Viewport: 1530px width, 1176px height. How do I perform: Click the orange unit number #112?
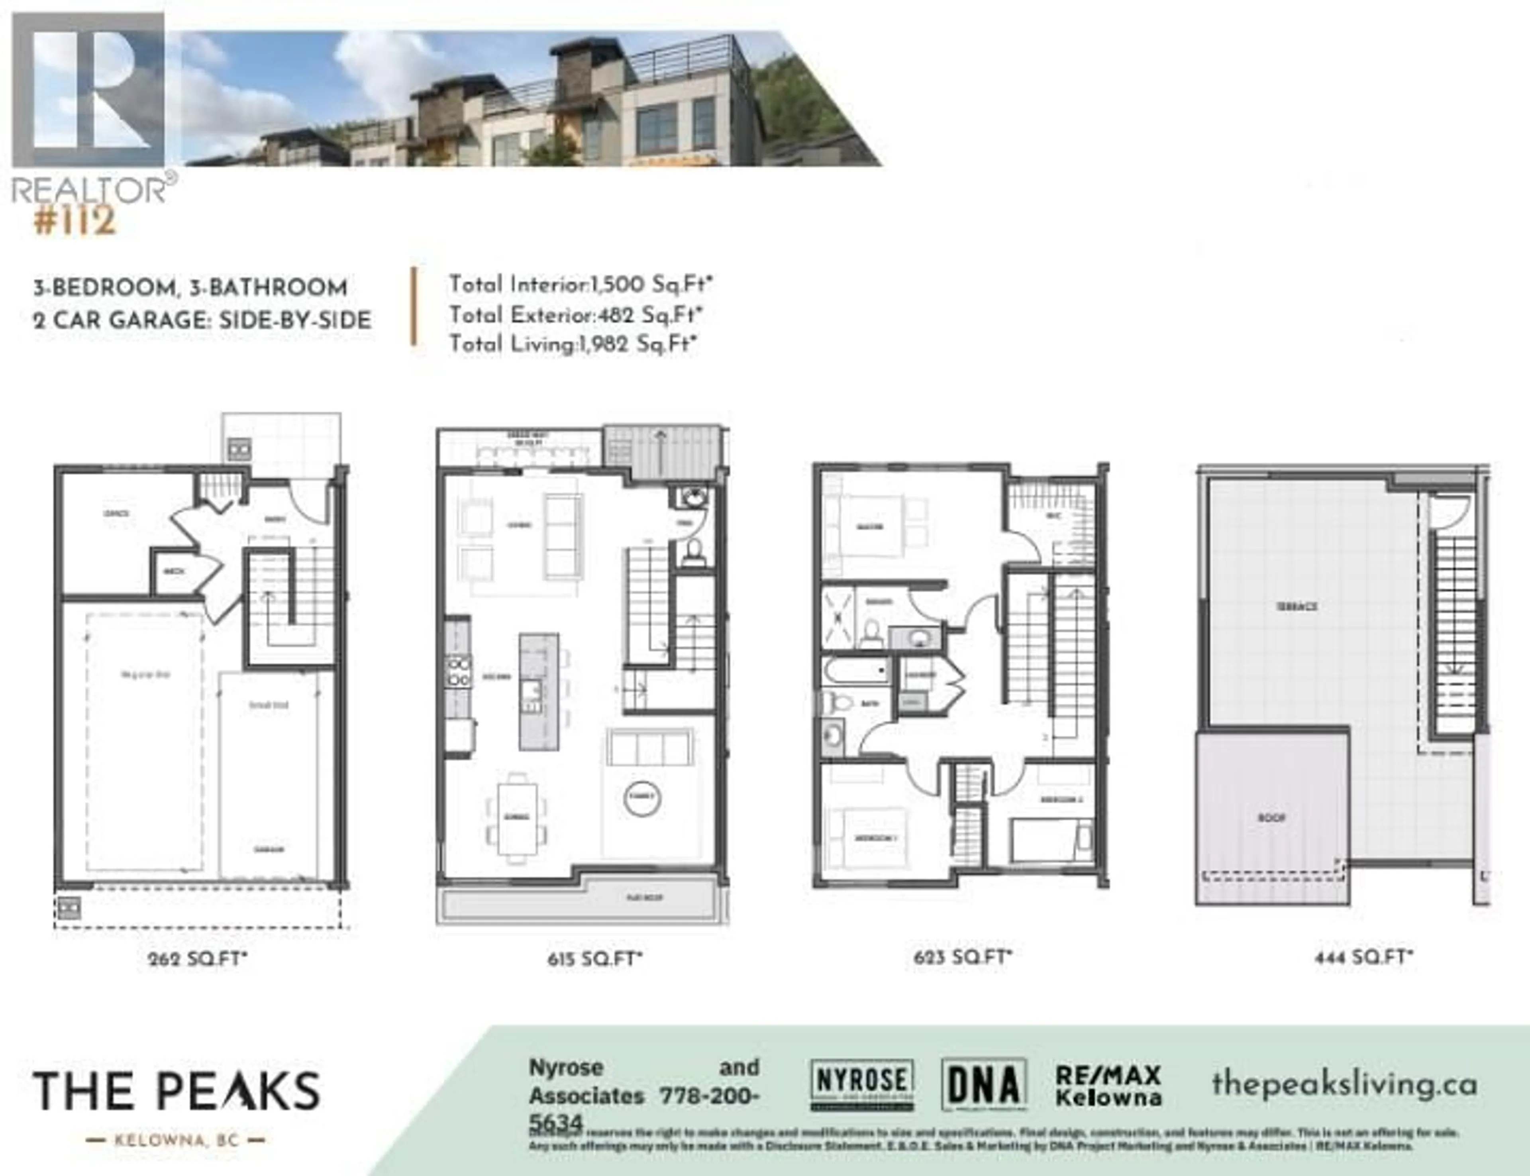coord(74,221)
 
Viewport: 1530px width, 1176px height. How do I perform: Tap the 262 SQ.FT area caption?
coord(197,958)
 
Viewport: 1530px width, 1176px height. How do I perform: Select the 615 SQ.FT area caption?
coord(594,958)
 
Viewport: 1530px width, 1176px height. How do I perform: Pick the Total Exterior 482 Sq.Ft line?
coord(575,315)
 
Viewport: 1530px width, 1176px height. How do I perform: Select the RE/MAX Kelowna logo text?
coord(1108,1086)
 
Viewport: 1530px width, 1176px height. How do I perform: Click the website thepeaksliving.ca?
coord(1344,1084)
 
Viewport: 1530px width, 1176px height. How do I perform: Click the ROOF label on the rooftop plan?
coord(1272,818)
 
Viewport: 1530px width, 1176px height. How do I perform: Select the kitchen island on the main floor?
coord(538,691)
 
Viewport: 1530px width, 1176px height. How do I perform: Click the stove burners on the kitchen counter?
coord(459,671)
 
